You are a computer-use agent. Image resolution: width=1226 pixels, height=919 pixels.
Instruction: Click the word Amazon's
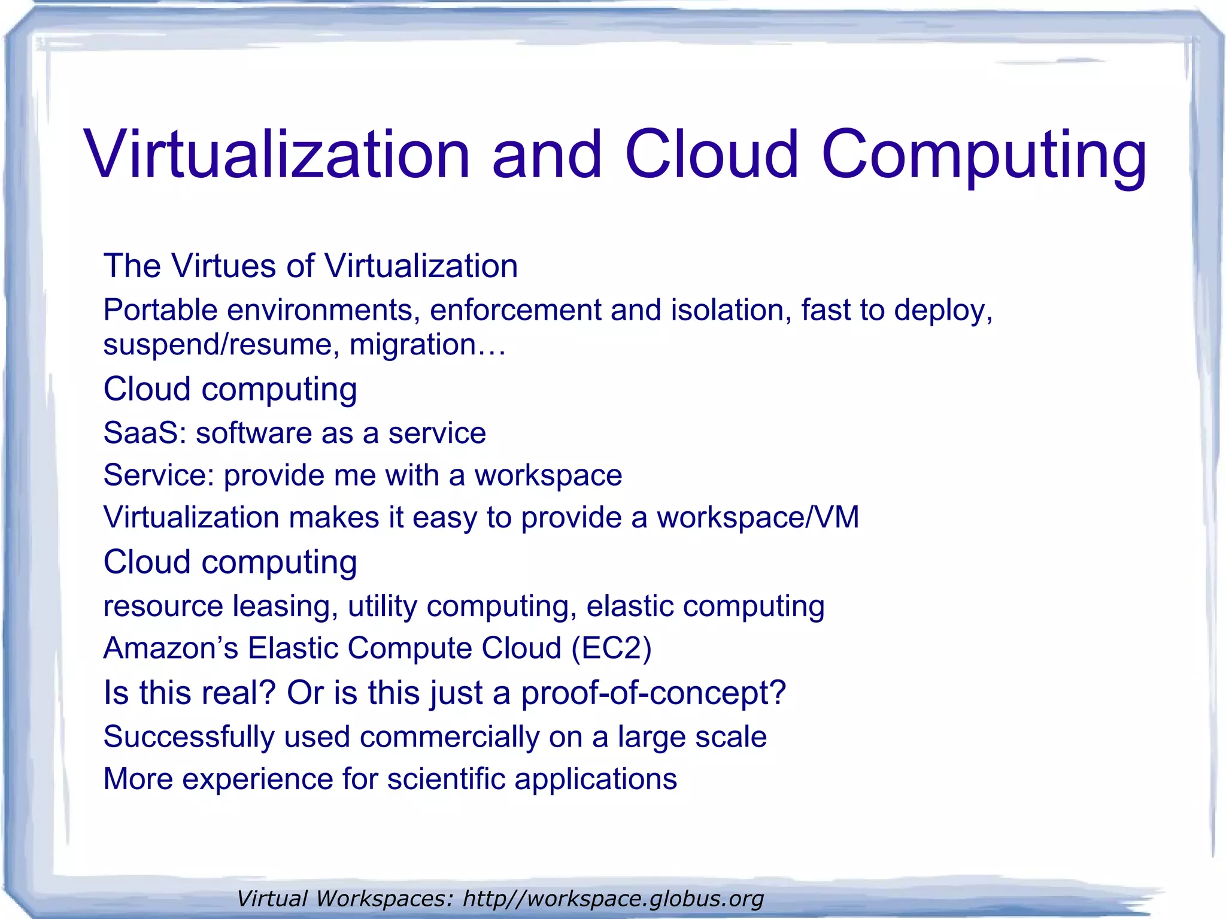coord(171,648)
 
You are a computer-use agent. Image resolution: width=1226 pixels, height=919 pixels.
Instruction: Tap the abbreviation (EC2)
coord(611,648)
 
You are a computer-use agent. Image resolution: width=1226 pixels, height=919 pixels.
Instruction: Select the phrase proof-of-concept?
coord(653,693)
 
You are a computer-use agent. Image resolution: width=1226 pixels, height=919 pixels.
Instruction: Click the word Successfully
coord(189,737)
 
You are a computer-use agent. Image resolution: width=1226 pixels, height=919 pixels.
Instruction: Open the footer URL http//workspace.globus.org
coord(614,899)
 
